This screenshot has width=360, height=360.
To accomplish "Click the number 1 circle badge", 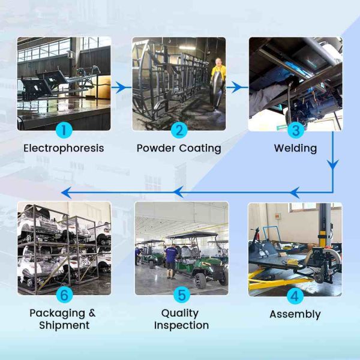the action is [64, 130].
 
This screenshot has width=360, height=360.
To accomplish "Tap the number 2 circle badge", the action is [179, 130].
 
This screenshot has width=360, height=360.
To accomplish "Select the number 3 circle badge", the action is [296, 130].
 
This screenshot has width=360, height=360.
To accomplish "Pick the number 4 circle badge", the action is [295, 296].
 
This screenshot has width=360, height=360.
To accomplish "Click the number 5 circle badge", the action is [182, 295].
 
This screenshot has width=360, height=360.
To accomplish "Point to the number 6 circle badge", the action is [65, 295].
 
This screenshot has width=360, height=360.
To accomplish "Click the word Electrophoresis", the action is [64, 148].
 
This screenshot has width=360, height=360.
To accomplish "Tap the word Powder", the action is [156, 148].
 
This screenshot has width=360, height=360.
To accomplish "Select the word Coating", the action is [200, 149].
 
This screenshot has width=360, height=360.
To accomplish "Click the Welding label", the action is [295, 148].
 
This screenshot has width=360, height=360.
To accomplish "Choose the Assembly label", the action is [295, 314].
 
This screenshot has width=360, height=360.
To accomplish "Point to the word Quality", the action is [180, 313].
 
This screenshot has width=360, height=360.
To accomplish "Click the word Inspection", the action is [181, 326].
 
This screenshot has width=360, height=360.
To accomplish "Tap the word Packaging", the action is [58, 313].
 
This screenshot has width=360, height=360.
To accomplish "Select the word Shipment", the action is [64, 325].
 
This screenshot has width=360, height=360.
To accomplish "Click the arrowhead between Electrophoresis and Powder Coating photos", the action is [121, 87].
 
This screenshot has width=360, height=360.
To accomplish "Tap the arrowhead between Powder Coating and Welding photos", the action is [236, 87].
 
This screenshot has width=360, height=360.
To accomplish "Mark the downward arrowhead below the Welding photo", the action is [332, 164].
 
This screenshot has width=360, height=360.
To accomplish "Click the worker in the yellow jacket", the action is [217, 84].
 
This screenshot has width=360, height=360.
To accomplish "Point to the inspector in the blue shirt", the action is [171, 261].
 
